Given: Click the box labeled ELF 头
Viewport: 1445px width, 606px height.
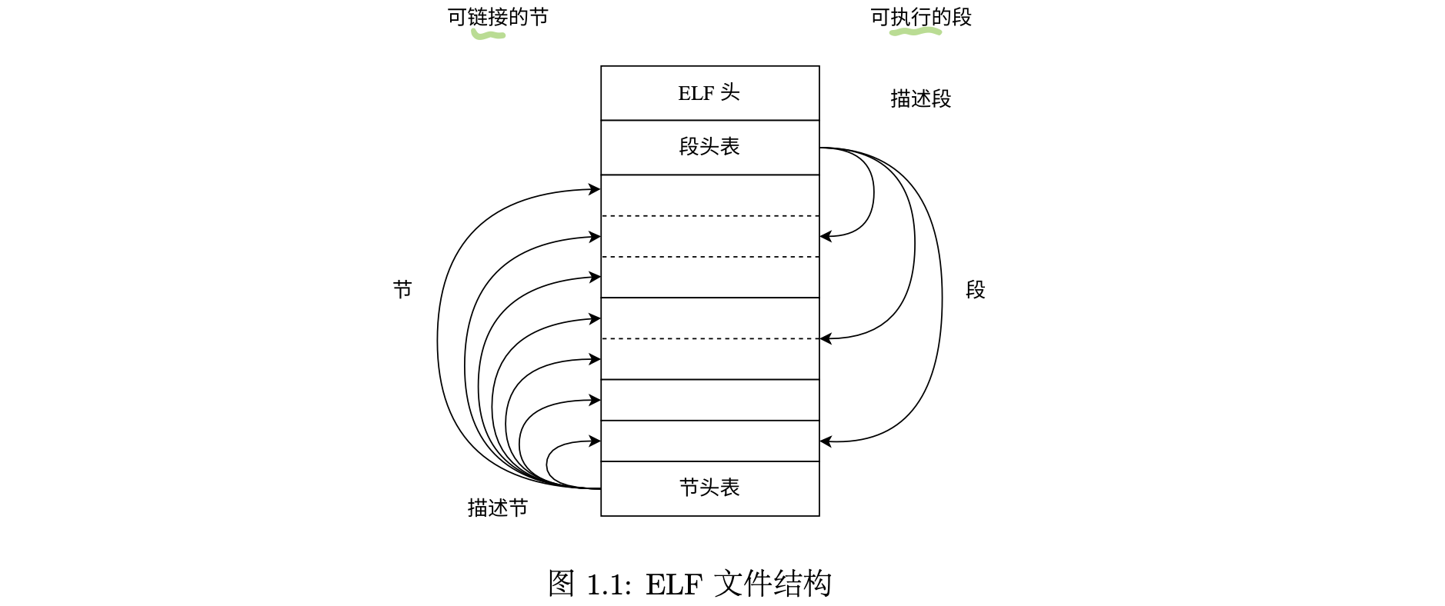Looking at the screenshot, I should click(x=709, y=93).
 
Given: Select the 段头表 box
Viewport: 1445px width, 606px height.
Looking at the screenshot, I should click(x=709, y=147).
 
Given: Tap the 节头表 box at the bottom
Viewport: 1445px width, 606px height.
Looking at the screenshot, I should click(x=709, y=488).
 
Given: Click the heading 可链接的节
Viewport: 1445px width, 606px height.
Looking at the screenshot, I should click(x=498, y=17).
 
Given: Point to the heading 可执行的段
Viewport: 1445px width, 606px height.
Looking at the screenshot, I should click(x=921, y=17).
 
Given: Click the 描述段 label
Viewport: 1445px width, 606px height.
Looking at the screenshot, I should click(x=920, y=98).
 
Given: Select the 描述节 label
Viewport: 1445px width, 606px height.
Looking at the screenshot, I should click(x=498, y=508).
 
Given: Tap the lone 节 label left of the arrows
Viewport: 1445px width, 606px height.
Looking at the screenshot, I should click(x=402, y=289).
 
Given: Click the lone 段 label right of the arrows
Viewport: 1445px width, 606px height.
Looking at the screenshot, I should click(x=975, y=289).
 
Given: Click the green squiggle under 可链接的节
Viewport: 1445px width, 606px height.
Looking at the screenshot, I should click(x=488, y=35).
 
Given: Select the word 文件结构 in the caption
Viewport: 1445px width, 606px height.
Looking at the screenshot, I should click(x=773, y=584).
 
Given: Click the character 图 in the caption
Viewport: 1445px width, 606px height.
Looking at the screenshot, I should click(x=561, y=584).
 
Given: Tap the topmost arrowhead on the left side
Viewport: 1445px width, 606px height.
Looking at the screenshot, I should click(x=595, y=189).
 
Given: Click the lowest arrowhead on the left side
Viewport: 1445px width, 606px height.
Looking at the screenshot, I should click(x=595, y=441).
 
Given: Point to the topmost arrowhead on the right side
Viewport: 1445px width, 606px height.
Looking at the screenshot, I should click(x=826, y=236).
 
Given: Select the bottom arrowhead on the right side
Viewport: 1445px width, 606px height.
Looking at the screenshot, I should click(x=826, y=441).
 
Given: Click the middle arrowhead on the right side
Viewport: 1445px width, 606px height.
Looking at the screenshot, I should click(x=826, y=338).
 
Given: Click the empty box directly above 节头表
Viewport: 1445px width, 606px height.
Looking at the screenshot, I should click(x=709, y=441).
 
